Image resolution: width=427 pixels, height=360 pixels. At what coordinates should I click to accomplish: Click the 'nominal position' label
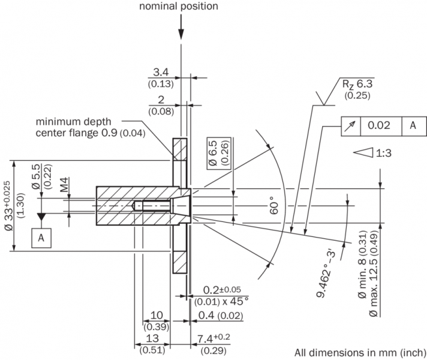[x=179, y=7]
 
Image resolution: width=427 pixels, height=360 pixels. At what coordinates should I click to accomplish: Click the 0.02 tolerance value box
[x=379, y=125]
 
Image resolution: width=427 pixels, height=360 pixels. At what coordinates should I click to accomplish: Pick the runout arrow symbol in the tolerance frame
[x=350, y=125]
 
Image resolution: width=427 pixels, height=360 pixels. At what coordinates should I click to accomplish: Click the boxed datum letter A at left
[x=41, y=238]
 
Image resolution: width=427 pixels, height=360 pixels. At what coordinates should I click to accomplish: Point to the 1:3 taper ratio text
[x=384, y=153]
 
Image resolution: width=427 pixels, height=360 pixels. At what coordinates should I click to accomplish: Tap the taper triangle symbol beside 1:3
[x=362, y=153]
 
